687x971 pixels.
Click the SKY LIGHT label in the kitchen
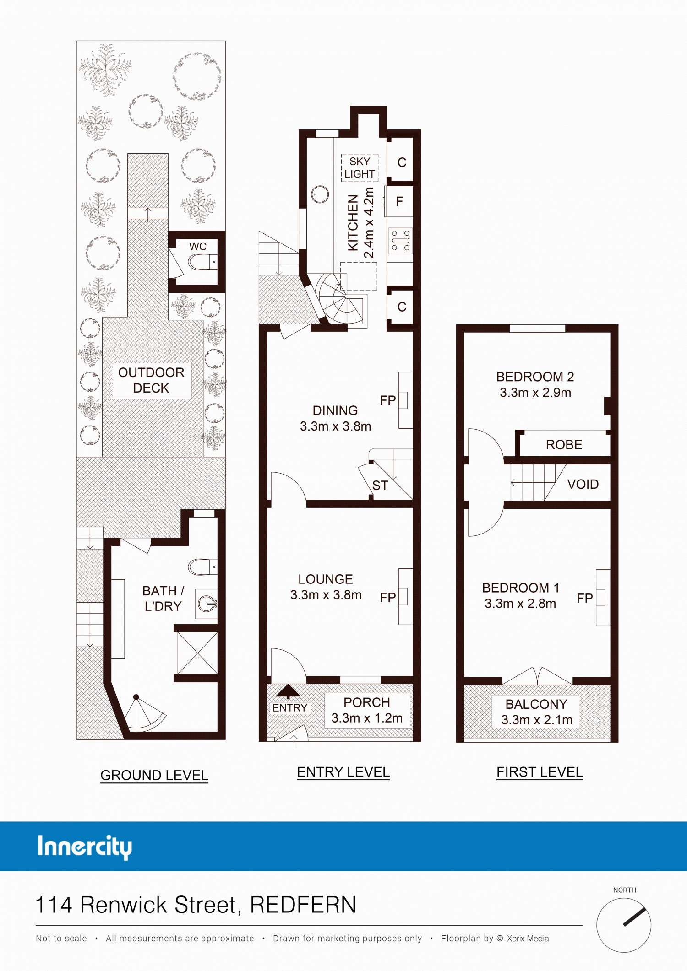pyautogui.click(x=360, y=167)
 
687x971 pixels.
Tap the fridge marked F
pyautogui.click(x=399, y=201)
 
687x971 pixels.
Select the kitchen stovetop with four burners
pyautogui.click(x=400, y=241)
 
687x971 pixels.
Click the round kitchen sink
pyautogui.click(x=320, y=194)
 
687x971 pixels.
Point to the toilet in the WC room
pyautogui.click(x=202, y=262)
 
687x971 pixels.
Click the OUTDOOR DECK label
pyautogui.click(x=151, y=380)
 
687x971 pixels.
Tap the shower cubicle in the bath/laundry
pyautogui.click(x=197, y=653)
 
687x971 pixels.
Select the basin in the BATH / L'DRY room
pyautogui.click(x=207, y=604)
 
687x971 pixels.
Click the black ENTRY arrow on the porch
pyautogui.click(x=288, y=691)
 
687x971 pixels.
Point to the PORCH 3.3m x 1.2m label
pyautogui.click(x=367, y=710)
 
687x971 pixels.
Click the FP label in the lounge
pyautogui.click(x=387, y=597)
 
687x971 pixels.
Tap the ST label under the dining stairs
pyautogui.click(x=380, y=485)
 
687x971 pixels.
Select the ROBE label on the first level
pyautogui.click(x=564, y=445)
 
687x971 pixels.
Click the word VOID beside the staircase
pyautogui.click(x=583, y=484)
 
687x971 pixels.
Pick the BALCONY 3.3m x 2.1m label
pyautogui.click(x=537, y=712)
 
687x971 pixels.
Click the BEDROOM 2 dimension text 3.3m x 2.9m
pyautogui.click(x=535, y=393)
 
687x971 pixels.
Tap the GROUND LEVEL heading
pyautogui.click(x=154, y=775)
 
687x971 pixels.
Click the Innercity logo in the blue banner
pyautogui.click(x=85, y=847)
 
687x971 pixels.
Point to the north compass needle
pyautogui.click(x=634, y=917)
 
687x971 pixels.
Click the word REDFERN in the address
pyautogui.click(x=303, y=905)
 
